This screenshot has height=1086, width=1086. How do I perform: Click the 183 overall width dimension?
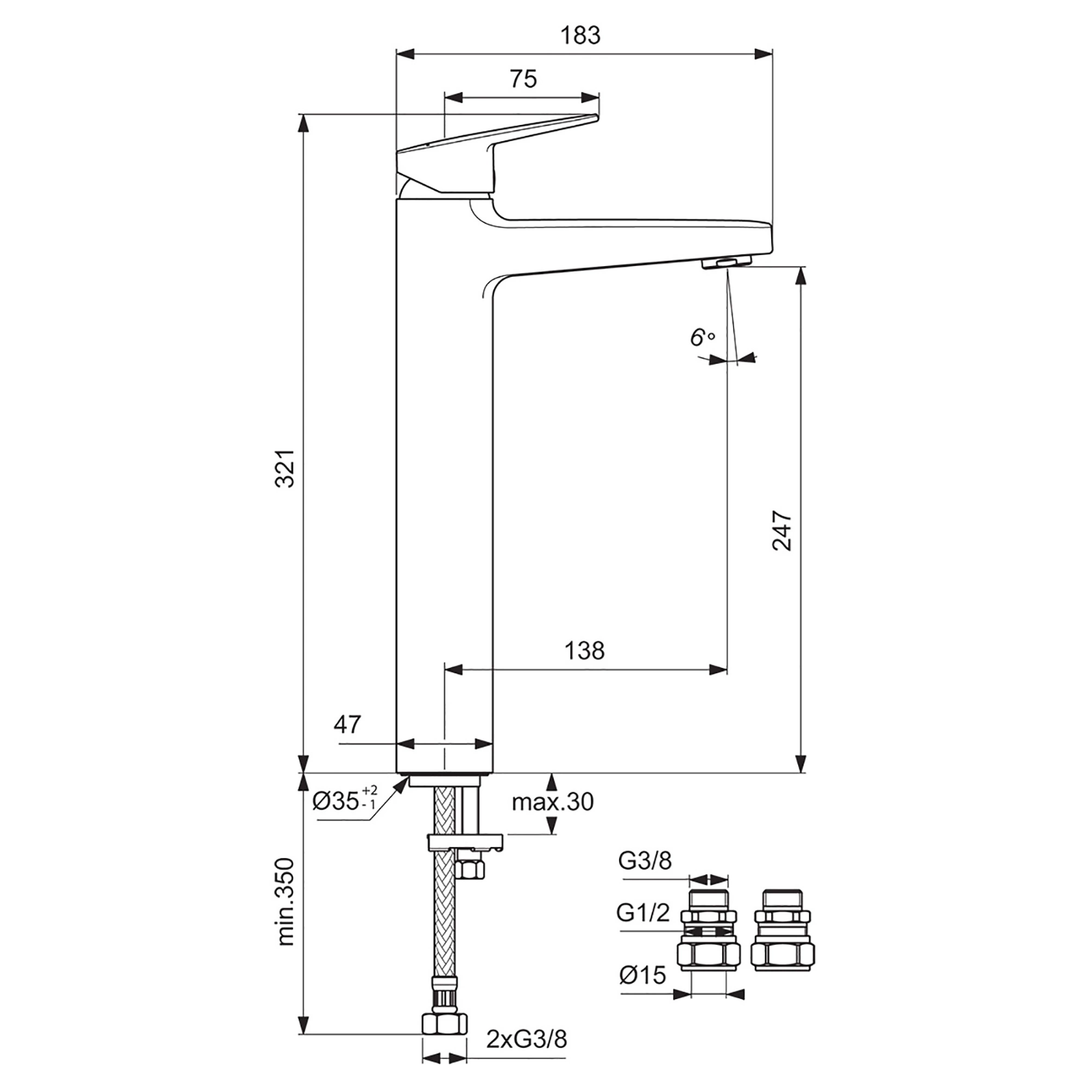click(580, 35)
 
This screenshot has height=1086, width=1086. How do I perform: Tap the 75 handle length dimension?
click(523, 79)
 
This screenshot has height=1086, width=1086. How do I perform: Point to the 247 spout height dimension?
click(781, 531)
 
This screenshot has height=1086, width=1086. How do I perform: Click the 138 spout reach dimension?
click(584, 651)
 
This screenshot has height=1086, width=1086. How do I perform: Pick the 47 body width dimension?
click(347, 724)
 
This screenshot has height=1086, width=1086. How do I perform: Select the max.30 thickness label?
click(553, 802)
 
